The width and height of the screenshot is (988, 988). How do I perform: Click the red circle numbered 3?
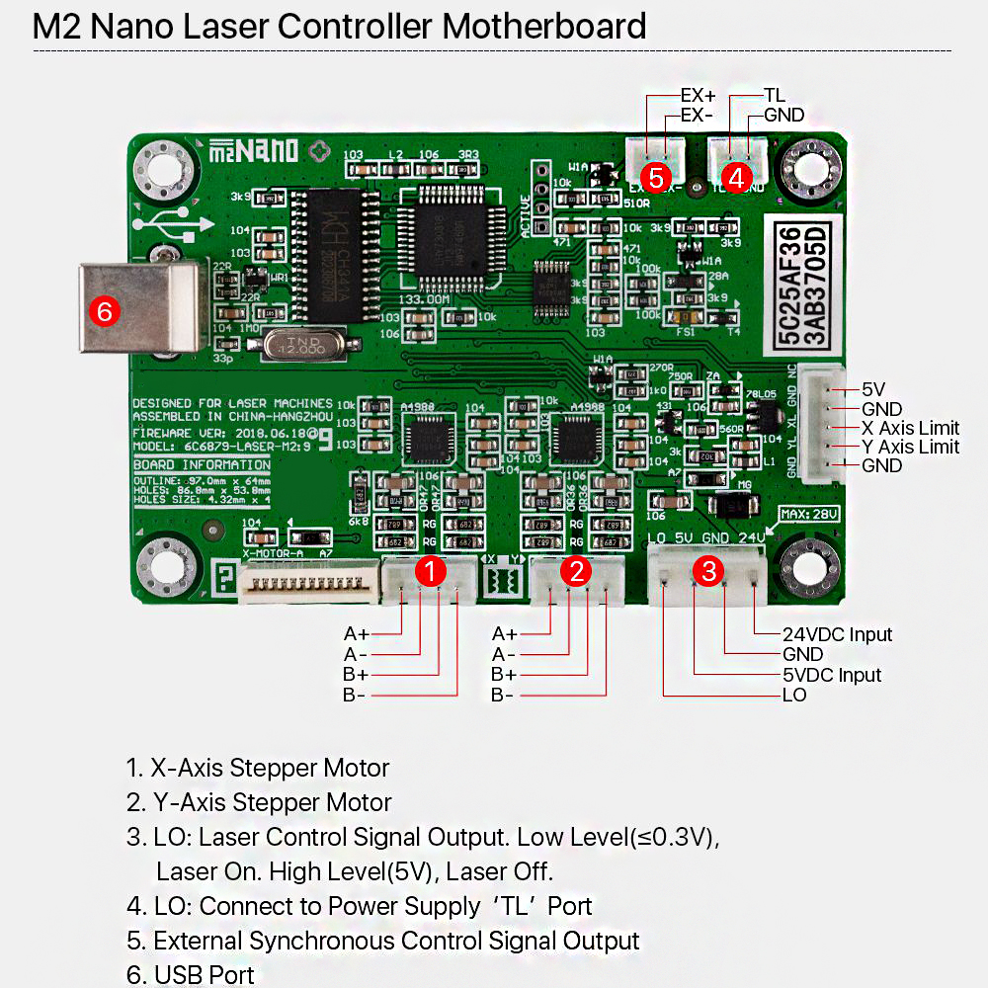pyautogui.click(x=707, y=569)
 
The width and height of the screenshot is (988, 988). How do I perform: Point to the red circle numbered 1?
pyautogui.click(x=430, y=569)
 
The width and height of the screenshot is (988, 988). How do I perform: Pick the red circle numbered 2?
pyautogui.click(x=578, y=569)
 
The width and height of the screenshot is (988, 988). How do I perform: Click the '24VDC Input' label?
pyautogui.click(x=836, y=634)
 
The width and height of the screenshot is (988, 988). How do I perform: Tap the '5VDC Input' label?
pyautogui.click(x=831, y=675)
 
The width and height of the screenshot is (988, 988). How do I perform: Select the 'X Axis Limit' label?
pyautogui.click(x=910, y=428)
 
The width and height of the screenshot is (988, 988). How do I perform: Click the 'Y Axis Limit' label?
pyautogui.click(x=910, y=447)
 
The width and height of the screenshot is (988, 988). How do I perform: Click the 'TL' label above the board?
pyautogui.click(x=775, y=96)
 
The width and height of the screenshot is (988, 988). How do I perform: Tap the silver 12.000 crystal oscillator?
pyautogui.click(x=296, y=346)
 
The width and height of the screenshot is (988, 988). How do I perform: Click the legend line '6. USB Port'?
pyautogui.click(x=190, y=975)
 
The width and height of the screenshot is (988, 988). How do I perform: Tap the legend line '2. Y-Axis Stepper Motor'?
pyautogui.click(x=259, y=802)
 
